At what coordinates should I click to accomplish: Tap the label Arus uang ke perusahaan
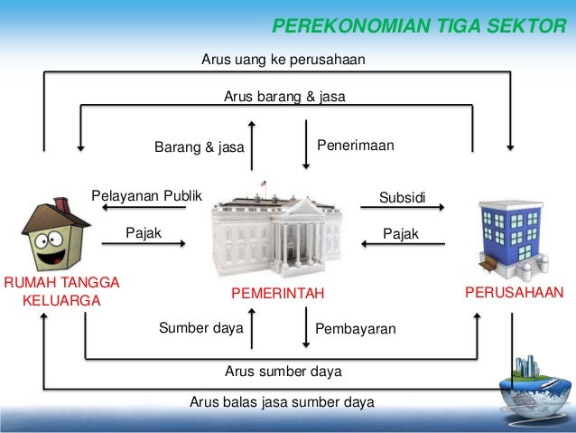[283, 61]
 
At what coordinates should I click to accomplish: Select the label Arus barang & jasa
[284, 96]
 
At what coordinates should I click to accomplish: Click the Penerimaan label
[356, 145]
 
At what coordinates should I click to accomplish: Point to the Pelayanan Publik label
[147, 196]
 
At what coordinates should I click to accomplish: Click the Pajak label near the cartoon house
[144, 233]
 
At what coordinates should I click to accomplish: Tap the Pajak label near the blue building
[401, 234]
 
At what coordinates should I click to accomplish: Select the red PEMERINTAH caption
[277, 293]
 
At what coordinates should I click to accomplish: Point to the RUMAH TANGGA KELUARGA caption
[61, 292]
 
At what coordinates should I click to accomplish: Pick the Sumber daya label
[201, 328]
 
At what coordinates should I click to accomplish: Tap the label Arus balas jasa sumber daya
[282, 402]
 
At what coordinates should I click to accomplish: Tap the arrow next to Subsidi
[402, 209]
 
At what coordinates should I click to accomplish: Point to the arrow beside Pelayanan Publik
[144, 209]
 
